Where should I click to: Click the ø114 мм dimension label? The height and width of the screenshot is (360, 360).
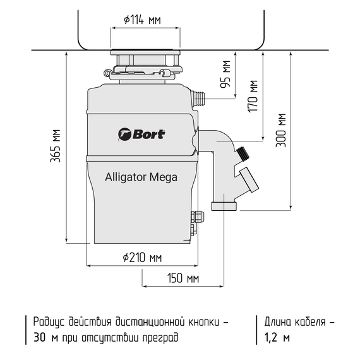(x=143, y=20)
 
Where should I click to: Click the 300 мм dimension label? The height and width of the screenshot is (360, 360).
(x=281, y=130)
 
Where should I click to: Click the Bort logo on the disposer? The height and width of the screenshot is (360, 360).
(x=141, y=134)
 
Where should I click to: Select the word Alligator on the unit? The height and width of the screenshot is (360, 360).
(x=125, y=177)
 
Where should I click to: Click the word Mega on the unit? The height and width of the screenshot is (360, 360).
(x=163, y=177)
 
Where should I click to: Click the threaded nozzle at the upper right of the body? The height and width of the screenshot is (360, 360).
(x=199, y=99)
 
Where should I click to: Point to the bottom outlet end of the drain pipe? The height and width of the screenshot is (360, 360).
(x=225, y=206)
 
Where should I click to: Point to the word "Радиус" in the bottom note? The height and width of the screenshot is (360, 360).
(x=50, y=322)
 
